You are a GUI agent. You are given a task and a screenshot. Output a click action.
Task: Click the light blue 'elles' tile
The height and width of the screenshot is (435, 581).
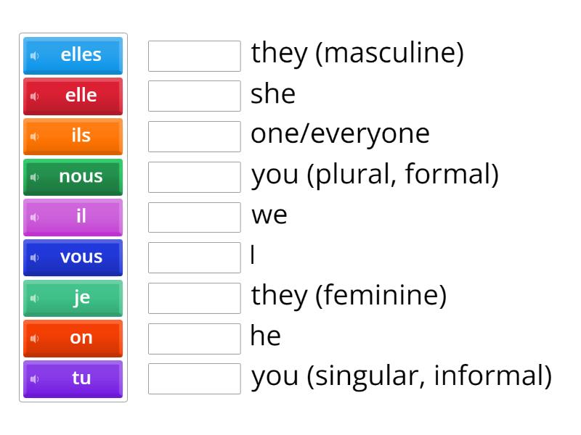[x=73, y=55]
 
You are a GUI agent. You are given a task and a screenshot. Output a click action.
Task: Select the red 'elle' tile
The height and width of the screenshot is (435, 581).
[x=73, y=96]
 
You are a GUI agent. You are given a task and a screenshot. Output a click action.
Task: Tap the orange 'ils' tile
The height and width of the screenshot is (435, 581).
[x=73, y=136]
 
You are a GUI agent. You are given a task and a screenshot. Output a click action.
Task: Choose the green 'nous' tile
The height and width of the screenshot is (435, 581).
[x=73, y=177]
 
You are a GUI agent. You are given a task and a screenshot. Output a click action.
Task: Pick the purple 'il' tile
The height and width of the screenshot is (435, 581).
[x=73, y=217]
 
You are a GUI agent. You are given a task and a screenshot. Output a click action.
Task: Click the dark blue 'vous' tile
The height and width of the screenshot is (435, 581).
[x=73, y=257]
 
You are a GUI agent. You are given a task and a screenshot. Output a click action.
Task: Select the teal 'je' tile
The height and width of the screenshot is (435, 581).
[x=73, y=298]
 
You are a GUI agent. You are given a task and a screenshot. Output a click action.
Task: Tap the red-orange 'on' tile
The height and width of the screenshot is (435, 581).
[x=73, y=338]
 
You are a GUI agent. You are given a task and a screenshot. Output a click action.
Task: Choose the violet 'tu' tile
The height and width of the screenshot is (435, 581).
[x=73, y=378]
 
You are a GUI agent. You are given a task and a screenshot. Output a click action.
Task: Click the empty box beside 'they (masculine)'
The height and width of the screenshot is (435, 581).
[x=194, y=56]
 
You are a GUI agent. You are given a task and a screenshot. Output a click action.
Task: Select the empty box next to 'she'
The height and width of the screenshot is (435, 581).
[x=194, y=96]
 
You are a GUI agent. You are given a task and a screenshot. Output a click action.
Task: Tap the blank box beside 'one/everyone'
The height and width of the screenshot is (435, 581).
[x=194, y=136]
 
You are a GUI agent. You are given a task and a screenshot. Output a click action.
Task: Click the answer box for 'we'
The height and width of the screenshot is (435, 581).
[x=194, y=217]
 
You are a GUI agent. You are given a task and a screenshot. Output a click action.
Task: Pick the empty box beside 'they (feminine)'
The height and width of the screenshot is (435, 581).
[x=194, y=298]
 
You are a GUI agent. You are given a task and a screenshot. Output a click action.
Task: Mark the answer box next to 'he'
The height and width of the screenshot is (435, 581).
[x=194, y=338]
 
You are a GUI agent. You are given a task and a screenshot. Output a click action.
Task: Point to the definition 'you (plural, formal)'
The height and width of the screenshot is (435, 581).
[x=375, y=176]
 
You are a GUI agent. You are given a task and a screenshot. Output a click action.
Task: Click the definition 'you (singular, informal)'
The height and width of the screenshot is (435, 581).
[x=401, y=378]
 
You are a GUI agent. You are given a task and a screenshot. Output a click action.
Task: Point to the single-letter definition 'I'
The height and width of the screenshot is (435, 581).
[x=253, y=257]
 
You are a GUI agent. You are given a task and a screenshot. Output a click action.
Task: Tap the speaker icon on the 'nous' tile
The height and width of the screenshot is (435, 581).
[x=33, y=177]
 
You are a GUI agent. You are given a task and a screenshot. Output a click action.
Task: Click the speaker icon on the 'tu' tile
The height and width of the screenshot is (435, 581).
[x=33, y=378]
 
